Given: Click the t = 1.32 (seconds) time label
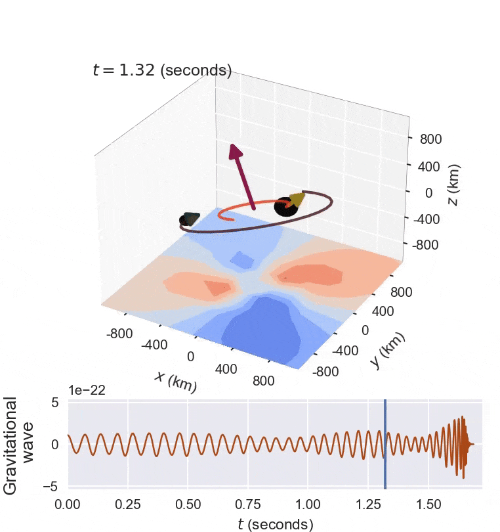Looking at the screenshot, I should tap(162, 70).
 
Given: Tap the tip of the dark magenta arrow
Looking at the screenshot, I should tap(233, 147).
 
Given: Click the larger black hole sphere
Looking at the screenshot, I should tap(285, 207).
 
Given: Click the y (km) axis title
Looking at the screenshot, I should tap(388, 350).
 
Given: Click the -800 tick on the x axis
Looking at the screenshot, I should tap(119, 334).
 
